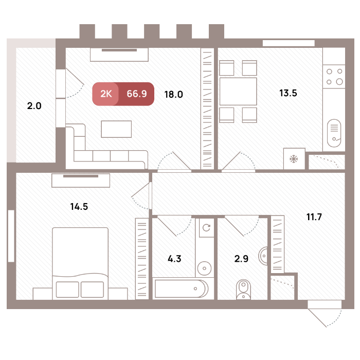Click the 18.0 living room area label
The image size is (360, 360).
click(174, 94)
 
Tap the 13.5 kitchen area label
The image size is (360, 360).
click(288, 93)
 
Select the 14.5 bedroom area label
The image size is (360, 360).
click(79, 207)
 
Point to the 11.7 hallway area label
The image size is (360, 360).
click(314, 217)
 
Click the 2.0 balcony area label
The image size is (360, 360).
click(34, 106)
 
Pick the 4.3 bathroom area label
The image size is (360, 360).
click(174, 259)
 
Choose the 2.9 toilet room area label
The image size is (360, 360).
click(241, 259)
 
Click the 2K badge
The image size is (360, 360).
click(106, 94)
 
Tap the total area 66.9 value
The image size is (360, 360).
click(137, 94)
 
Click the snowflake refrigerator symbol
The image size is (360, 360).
click(294, 159)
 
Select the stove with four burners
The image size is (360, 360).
click(334, 77)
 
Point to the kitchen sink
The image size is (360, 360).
click(334, 133)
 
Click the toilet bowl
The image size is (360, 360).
click(243, 290)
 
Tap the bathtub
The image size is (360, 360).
click(182, 289)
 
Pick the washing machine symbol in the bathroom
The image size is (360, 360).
click(206, 227)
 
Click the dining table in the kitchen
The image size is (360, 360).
click(238, 92)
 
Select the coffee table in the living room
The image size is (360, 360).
click(116, 129)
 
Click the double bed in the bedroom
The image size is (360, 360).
click(80, 263)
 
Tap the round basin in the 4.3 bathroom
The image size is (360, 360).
click(204, 268)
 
